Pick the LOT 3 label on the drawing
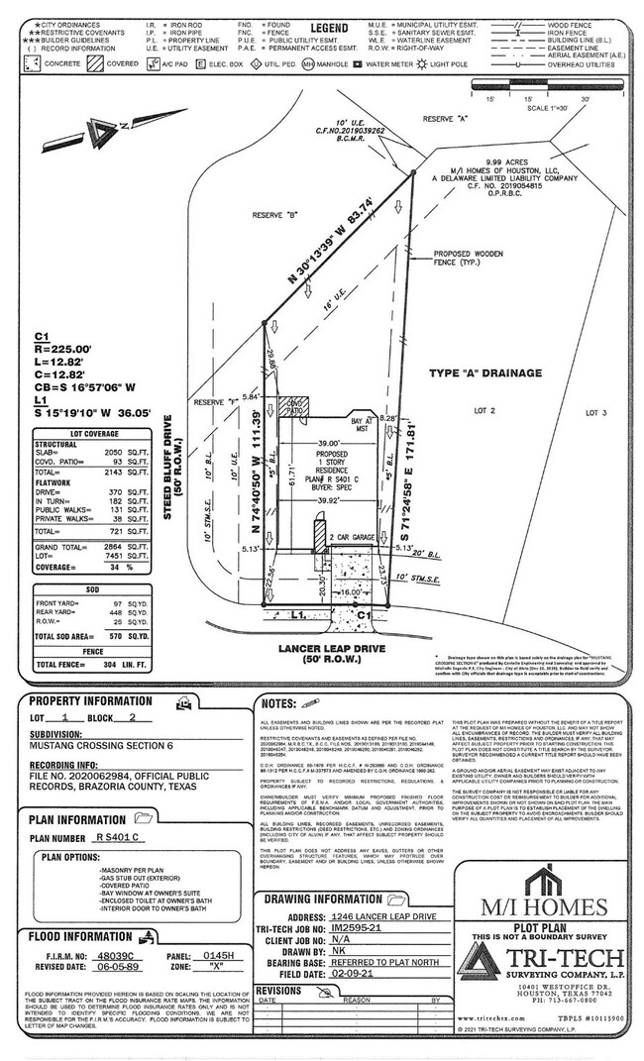click(x=594, y=411)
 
